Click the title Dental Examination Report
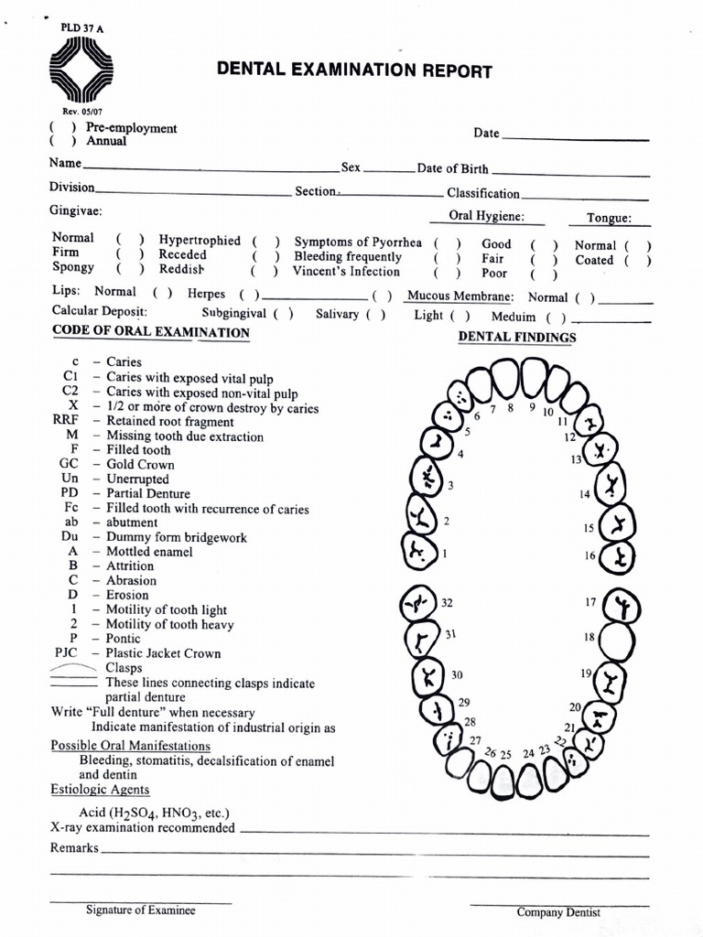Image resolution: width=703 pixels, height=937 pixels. pyautogui.click(x=353, y=70)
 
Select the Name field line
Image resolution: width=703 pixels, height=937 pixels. pyautogui.click(x=210, y=168)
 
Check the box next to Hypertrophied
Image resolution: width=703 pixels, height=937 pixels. pyautogui.click(x=263, y=241)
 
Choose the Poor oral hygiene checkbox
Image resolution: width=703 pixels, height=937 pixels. pyautogui.click(x=543, y=274)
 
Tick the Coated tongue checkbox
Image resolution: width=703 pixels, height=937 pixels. pyautogui.click(x=637, y=260)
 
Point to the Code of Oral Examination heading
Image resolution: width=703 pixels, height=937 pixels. pyautogui.click(x=151, y=332)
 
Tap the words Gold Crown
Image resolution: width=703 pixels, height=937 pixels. pyautogui.click(x=140, y=465)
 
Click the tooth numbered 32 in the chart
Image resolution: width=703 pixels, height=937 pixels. pyautogui.click(x=420, y=605)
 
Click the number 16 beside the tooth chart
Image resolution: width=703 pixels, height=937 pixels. pyautogui.click(x=589, y=555)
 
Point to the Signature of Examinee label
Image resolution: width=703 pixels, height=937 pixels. pyautogui.click(x=140, y=910)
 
